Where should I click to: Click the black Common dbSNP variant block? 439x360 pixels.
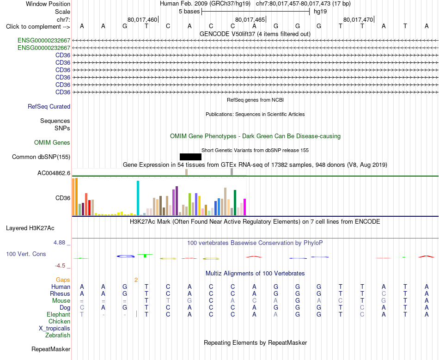point(190,157)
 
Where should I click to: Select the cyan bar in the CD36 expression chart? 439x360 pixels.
point(138,198)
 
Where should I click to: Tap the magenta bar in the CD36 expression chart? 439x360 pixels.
point(245,207)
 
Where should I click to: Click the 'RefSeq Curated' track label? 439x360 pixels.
point(49,106)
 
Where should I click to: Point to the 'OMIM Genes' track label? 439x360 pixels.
point(52,142)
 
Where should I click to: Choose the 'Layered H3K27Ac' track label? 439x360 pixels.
point(30,228)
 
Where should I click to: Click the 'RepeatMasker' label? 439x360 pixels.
point(51,349)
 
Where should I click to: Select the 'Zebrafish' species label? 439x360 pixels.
point(58,335)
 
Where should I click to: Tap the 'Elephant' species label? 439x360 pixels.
point(58,314)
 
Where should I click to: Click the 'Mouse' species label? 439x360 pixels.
point(61,301)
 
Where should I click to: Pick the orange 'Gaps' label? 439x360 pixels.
point(63,280)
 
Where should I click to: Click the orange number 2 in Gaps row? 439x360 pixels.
point(136,280)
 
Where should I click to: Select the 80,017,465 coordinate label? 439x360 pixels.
point(250,19)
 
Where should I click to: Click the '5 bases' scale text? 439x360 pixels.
point(189,12)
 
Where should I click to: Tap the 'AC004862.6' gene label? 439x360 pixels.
point(54,173)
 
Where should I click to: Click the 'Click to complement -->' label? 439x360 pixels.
point(38,27)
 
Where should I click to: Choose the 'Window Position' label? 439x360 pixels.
point(48,4)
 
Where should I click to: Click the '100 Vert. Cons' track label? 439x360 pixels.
point(26,254)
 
